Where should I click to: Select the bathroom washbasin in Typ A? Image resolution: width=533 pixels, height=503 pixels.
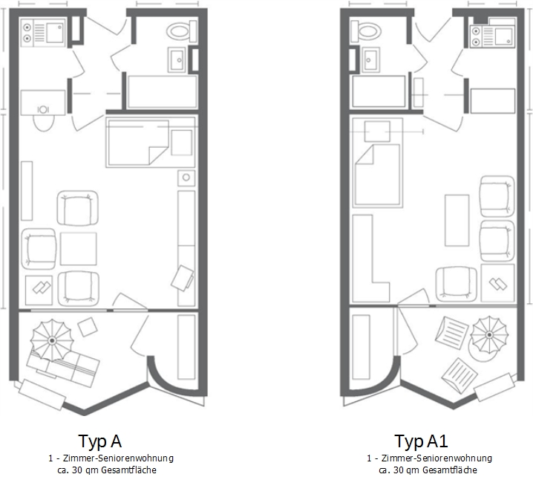tap(177, 60)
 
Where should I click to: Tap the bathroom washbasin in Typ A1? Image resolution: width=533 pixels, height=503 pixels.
tap(371, 60)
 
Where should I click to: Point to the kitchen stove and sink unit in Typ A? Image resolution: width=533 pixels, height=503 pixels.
tap(42, 33)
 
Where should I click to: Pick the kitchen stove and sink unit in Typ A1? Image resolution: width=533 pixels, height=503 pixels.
tap(493, 36)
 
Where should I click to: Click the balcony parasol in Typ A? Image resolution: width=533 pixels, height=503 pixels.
tap(52, 340)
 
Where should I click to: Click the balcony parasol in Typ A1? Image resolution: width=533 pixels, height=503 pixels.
tap(489, 334)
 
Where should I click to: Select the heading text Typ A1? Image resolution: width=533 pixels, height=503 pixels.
tap(421, 441)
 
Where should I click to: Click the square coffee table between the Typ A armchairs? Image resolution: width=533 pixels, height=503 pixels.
tap(79, 249)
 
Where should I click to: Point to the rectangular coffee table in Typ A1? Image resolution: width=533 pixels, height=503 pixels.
tap(457, 220)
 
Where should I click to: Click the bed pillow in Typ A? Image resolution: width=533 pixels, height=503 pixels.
tap(182, 143)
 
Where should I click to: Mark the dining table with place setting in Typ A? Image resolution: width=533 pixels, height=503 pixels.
tap(43, 103)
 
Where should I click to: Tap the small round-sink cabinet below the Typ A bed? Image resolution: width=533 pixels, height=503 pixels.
tap(186, 178)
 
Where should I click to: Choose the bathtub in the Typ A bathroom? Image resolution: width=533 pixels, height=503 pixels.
tap(162, 92)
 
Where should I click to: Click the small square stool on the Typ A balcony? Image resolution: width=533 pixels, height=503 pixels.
tap(88, 327)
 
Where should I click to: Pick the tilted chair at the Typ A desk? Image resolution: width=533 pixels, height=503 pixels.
tap(183, 278)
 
